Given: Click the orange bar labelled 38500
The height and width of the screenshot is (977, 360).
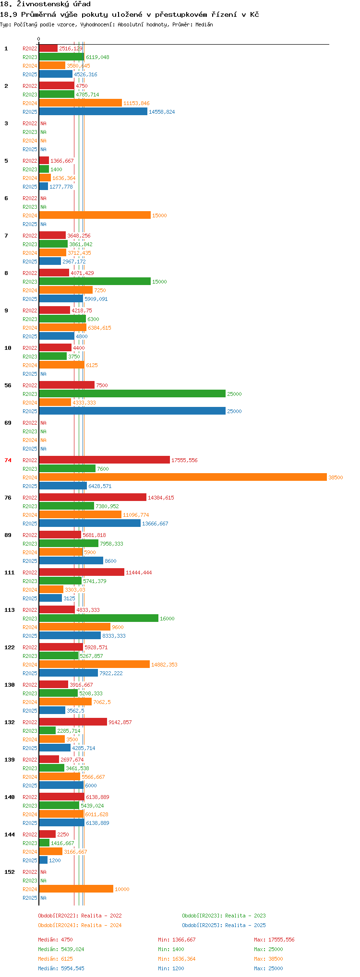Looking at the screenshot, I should (182, 477).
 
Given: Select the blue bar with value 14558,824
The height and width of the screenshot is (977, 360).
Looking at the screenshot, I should (93, 111).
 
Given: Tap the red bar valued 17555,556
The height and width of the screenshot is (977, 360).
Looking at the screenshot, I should (104, 460).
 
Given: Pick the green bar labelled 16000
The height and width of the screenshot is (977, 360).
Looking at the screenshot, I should (98, 618).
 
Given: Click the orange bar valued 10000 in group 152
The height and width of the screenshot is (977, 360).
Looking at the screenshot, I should (76, 889).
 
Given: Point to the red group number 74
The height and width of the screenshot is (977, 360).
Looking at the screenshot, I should (8, 460).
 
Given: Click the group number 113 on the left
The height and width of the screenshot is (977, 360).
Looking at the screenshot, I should (9, 610).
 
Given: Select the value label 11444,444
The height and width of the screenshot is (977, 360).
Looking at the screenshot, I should (139, 572).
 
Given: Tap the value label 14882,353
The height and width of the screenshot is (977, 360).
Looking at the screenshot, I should (164, 665).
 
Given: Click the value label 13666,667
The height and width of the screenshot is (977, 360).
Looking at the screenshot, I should (155, 524).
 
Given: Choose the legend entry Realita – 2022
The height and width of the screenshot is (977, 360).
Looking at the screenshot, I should (80, 916).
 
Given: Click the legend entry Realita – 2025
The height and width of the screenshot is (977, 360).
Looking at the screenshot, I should (224, 925).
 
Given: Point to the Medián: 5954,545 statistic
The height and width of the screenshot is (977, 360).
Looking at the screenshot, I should (61, 968).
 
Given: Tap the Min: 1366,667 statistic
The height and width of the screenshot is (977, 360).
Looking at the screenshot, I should (177, 940).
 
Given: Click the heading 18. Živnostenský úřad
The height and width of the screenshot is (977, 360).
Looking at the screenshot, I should (45, 4).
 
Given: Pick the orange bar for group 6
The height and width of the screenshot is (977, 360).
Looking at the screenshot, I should (95, 215).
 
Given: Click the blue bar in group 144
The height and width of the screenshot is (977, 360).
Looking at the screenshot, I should (43, 860).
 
